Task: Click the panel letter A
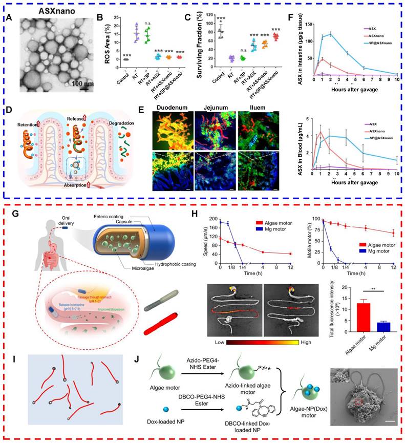(9, 17)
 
